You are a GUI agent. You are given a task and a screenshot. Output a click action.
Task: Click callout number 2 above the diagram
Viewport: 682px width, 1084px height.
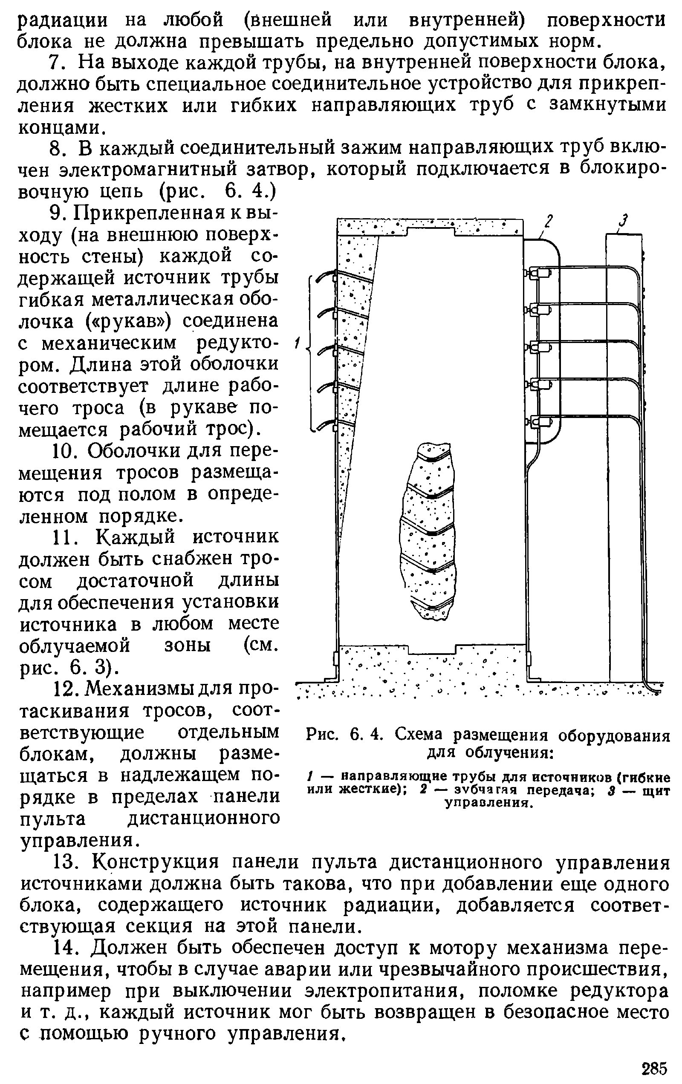pyautogui.click(x=548, y=222)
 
